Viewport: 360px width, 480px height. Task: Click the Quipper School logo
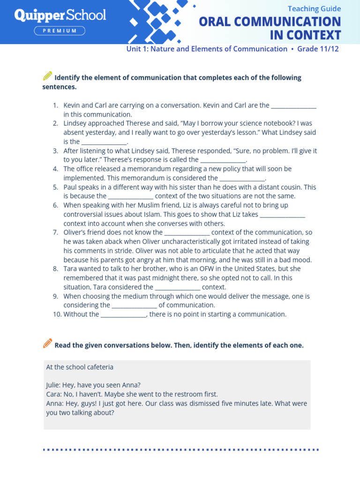point(60,15)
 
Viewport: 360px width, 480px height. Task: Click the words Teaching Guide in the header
point(314,9)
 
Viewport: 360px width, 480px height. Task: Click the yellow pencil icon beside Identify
point(47,76)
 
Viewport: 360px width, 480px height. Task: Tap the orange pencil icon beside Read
point(47,344)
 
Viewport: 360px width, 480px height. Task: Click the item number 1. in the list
point(55,105)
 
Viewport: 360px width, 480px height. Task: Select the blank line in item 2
point(104,142)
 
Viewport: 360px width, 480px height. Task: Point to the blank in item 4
point(242,179)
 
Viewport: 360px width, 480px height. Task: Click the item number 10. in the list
point(57,315)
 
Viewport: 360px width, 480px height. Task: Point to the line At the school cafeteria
point(80,367)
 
